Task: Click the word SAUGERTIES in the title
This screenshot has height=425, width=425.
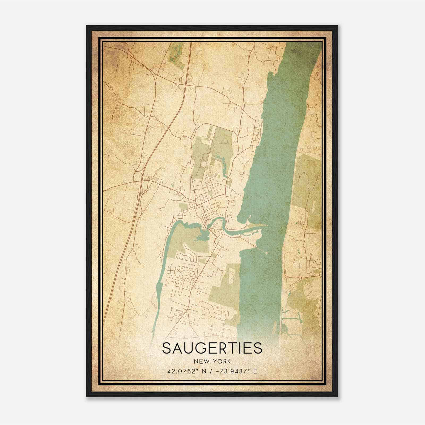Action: click(x=212, y=348)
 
